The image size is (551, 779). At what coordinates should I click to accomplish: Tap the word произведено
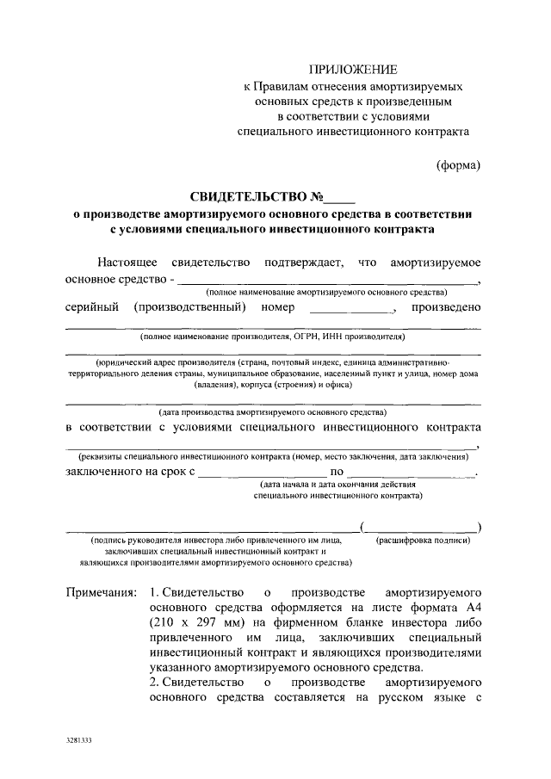[x=445, y=307]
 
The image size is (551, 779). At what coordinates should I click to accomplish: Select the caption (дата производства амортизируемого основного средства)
[x=273, y=413]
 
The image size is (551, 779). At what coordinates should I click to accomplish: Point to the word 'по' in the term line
[x=337, y=473]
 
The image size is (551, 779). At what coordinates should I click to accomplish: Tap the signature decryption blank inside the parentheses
[x=420, y=527]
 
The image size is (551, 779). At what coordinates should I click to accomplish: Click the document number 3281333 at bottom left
[x=80, y=739]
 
